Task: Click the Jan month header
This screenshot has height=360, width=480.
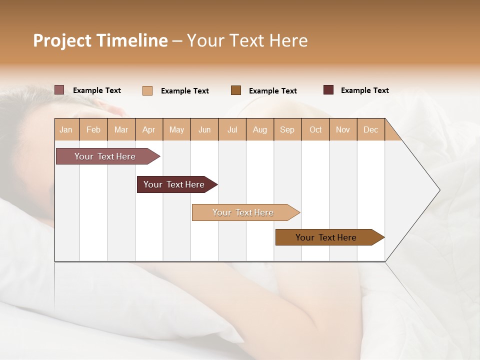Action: pos(66,129)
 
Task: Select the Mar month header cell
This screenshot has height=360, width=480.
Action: pos(121,129)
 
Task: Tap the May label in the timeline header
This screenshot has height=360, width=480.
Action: pos(176,129)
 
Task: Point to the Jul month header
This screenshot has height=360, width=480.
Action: pos(232,129)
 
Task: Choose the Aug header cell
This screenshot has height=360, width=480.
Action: pos(259,129)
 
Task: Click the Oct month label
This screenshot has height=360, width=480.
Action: pos(315,129)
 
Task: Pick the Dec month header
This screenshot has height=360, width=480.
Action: pos(370,129)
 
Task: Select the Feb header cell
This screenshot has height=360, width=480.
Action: pos(93,129)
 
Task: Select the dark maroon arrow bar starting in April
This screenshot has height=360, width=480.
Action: pos(175,184)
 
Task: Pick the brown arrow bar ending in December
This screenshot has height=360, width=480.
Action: pos(327,237)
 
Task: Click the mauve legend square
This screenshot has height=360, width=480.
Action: pos(59,90)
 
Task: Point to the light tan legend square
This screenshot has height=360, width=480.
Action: pos(147,90)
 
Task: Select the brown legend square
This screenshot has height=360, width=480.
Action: pos(236,90)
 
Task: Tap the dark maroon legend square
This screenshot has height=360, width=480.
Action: pos(328,90)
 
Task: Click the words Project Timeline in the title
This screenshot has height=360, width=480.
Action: pos(100,40)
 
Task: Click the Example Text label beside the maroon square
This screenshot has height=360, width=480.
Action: pos(364,90)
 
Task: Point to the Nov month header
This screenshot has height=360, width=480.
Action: pos(343,129)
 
